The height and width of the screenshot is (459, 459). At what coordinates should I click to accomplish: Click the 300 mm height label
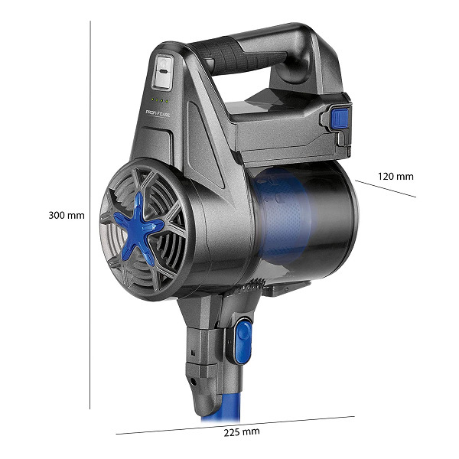66,216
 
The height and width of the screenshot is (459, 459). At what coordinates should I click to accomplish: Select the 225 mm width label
242,432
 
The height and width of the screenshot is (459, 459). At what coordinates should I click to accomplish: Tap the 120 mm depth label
396,176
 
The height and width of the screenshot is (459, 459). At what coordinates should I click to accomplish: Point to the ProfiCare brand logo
158,113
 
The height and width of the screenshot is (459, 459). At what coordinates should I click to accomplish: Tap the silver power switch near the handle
162,71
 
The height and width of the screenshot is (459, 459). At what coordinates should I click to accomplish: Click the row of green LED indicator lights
160,100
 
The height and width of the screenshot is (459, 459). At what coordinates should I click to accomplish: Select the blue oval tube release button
243,341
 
